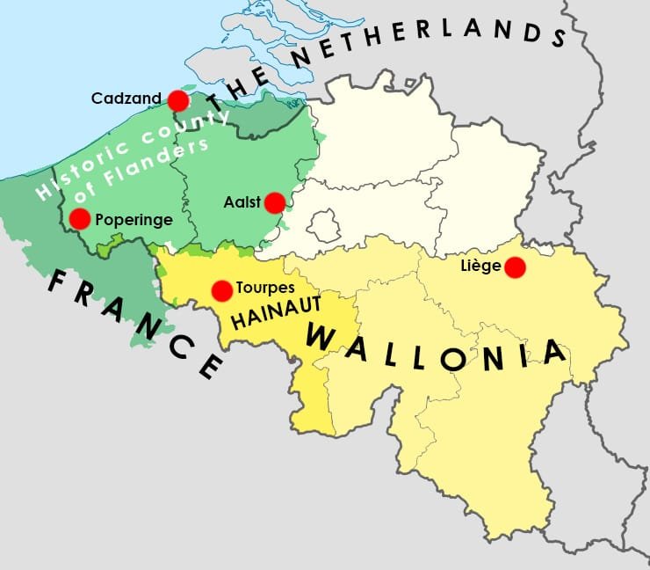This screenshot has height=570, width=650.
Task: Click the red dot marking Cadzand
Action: (178, 100)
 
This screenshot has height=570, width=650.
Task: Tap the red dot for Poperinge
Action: (80, 219)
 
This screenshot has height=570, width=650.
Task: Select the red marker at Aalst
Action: (275, 203)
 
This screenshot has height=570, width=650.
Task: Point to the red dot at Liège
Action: (515, 267)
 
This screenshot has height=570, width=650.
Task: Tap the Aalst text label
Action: (242, 203)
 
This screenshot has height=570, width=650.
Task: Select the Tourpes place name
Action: (265, 288)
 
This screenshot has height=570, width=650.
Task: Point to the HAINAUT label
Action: (273, 311)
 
